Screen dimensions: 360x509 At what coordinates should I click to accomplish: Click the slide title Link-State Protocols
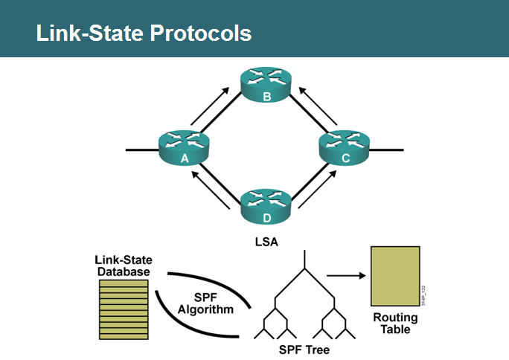[144, 33]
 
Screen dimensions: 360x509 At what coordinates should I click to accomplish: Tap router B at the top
[266, 84]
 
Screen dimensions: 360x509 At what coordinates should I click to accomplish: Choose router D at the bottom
[266, 206]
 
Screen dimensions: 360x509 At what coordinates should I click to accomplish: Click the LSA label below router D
[266, 242]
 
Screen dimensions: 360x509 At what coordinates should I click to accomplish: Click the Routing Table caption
[395, 323]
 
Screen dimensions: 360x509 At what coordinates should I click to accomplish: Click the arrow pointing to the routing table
[348, 276]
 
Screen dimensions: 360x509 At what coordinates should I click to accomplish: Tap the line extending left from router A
[141, 150]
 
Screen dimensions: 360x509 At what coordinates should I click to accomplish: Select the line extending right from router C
[387, 150]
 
